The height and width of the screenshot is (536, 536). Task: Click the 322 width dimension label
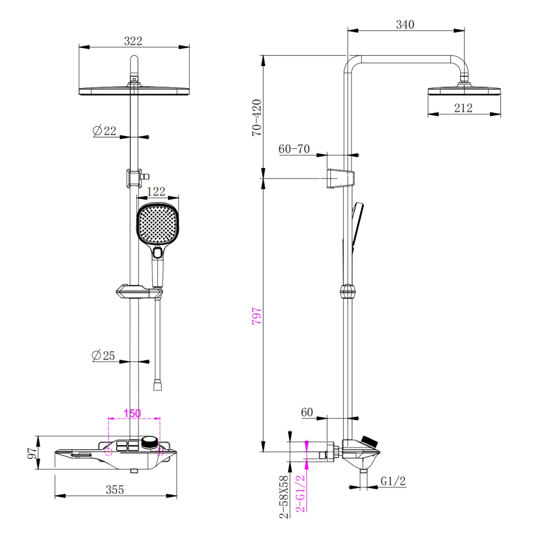tap(133, 41)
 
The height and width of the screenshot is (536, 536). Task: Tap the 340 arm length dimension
tap(405, 25)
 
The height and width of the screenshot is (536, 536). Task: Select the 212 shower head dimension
tap(463, 108)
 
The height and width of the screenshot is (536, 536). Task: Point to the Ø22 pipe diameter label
tap(104, 130)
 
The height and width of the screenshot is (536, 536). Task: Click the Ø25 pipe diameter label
tap(103, 355)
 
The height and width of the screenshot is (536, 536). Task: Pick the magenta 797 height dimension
tap(257, 316)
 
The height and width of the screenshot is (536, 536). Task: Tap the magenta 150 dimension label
tap(132, 413)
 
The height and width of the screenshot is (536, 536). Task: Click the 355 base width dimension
tap(115, 489)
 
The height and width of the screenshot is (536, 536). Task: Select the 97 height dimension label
tap(32, 453)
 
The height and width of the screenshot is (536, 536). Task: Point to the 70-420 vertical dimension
tap(257, 118)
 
